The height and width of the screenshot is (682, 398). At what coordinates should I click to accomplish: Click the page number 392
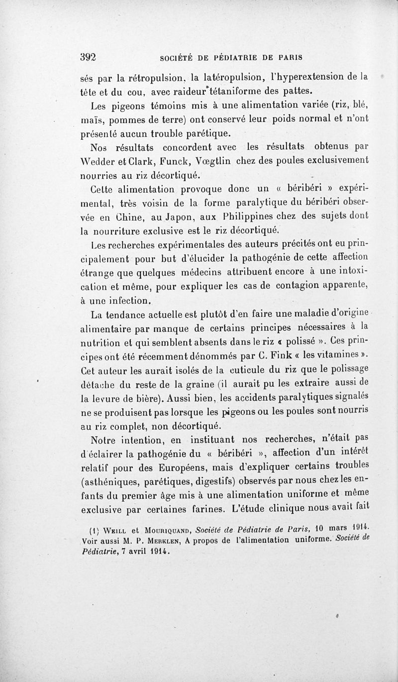pyautogui.click(x=88, y=57)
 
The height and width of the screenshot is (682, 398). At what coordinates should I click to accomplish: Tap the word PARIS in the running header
pyautogui.click(x=289, y=57)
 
